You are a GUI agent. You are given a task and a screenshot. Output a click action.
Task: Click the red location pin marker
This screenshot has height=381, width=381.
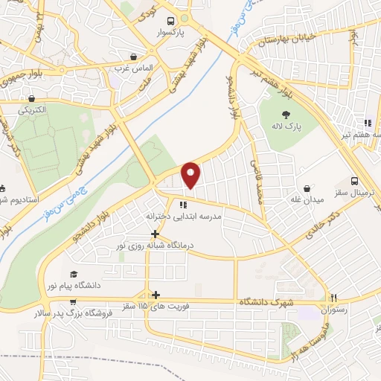[x=191, y=175]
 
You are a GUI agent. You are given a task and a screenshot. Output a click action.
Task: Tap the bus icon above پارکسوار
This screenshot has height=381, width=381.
[x=170, y=22]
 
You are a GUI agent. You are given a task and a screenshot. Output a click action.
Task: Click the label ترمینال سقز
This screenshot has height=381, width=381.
[x=356, y=193]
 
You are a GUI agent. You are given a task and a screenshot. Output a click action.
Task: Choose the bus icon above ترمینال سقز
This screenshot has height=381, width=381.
[x=355, y=180]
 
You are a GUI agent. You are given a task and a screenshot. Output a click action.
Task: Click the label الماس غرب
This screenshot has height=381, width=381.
[x=134, y=68]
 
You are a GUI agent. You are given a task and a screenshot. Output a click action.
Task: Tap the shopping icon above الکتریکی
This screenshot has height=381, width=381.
[x=31, y=98]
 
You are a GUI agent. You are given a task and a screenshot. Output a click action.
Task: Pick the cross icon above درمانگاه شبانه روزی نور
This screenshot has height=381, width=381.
[x=155, y=233]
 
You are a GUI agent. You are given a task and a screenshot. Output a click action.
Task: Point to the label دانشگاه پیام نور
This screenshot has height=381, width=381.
[x=72, y=286]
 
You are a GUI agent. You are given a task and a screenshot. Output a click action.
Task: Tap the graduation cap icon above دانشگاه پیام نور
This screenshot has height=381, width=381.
[x=72, y=275]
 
